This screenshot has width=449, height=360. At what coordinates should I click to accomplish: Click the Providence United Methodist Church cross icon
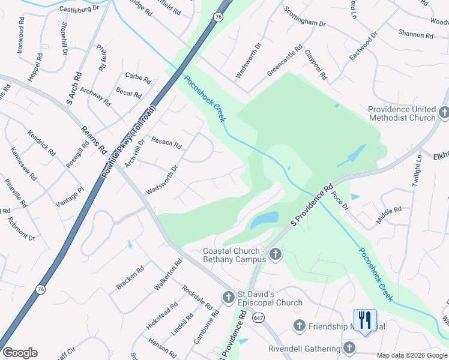[444, 112]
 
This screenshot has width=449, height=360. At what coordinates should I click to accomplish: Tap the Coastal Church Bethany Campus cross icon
[275, 254]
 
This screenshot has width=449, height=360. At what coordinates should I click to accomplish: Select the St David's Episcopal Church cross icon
[228, 297]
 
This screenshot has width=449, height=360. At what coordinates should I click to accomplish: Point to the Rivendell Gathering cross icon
[349, 348]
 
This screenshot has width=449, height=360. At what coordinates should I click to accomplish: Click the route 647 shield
[258, 317]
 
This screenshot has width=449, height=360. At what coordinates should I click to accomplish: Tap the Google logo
[20, 353]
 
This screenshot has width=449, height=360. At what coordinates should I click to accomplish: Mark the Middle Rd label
[388, 215]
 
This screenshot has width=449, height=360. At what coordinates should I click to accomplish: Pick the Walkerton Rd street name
[168, 275]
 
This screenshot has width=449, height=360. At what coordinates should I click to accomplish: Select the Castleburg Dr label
[79, 10]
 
